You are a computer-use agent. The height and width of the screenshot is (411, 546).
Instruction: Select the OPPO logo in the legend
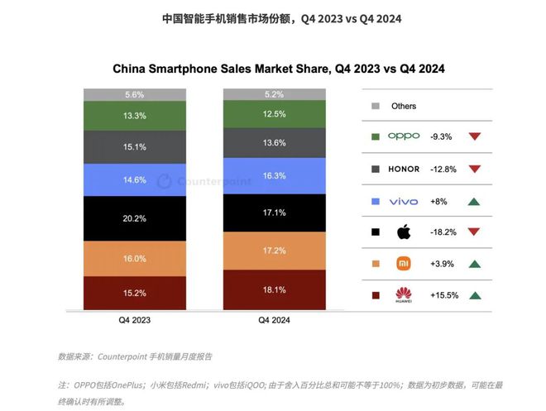tap(404, 136)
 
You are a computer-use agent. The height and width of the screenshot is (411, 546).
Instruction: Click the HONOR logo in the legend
tap(404, 169)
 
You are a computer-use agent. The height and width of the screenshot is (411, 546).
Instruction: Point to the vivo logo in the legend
tap(404, 201)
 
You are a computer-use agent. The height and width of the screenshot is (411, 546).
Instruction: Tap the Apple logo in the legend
tap(404, 232)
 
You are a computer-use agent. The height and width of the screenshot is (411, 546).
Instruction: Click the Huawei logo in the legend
tap(404, 294)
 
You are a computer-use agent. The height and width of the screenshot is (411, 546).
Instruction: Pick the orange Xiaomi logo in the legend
tap(404, 264)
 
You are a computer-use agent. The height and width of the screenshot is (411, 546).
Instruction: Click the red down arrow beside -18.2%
tap(474, 232)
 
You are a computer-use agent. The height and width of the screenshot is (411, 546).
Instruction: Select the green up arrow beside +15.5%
tap(474, 295)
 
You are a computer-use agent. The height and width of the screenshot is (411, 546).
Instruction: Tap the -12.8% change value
tap(443, 169)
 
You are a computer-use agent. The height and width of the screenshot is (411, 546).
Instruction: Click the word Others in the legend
tap(404, 106)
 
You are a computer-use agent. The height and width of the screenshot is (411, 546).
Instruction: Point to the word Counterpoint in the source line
tap(121, 356)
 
